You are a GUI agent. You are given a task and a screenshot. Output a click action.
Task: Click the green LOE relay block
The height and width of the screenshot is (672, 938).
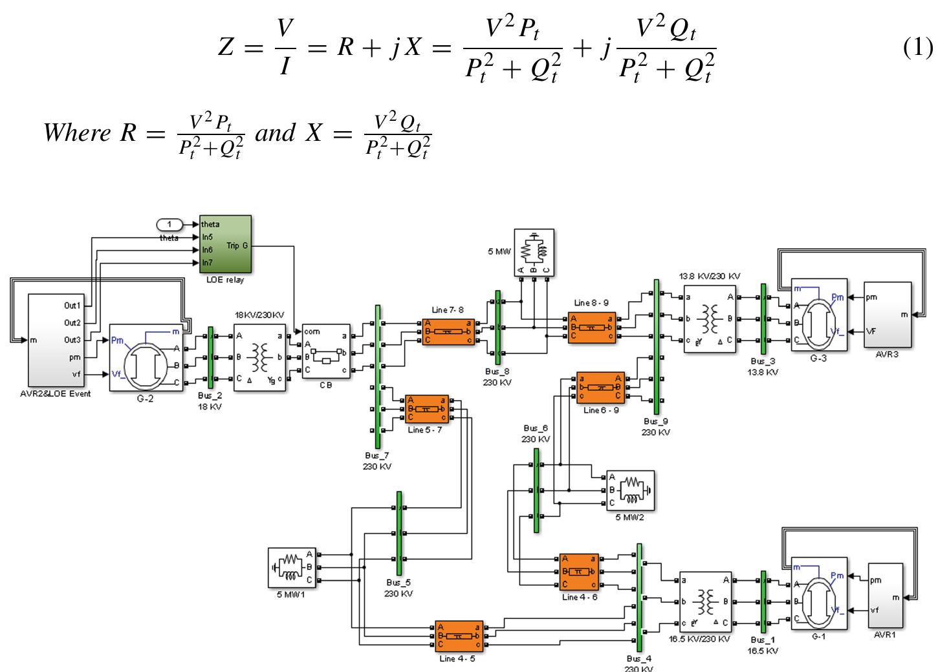point(226,244)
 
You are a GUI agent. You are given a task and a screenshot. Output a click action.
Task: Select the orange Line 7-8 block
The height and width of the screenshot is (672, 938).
point(448,331)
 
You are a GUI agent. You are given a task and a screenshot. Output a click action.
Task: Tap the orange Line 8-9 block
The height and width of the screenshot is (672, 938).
point(592,328)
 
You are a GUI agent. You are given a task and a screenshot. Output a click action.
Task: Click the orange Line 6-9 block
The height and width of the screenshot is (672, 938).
point(601,388)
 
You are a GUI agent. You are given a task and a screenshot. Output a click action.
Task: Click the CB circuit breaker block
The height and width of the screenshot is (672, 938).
point(326,352)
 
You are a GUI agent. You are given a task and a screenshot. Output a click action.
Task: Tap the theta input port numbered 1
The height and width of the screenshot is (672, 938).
point(170,224)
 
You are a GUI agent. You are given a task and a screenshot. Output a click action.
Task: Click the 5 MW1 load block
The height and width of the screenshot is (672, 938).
point(291,567)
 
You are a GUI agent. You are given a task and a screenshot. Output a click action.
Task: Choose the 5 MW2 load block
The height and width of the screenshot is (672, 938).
point(630,490)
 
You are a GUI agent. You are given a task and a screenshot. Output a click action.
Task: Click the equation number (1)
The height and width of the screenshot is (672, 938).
point(917,48)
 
